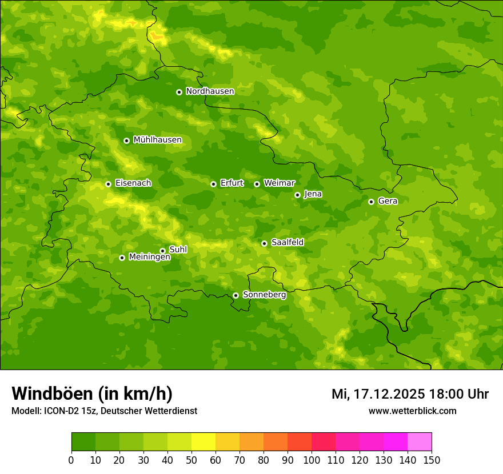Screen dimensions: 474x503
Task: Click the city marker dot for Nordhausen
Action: pyautogui.click(x=179, y=92)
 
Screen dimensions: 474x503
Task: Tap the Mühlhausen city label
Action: pyautogui.click(x=157, y=140)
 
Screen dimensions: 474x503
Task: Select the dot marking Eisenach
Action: pyautogui.click(x=108, y=184)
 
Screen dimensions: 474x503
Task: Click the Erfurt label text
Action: pyautogui.click(x=231, y=183)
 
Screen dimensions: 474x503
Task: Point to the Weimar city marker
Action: pyautogui.click(x=257, y=184)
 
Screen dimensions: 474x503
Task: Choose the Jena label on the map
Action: pyautogui.click(x=313, y=194)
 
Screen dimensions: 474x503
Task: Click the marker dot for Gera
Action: pyautogui.click(x=371, y=202)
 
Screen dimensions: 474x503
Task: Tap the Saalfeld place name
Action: pyautogui.click(x=287, y=243)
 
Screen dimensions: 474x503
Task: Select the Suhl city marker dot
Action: pyautogui.click(x=162, y=251)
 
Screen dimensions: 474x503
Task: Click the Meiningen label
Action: pyautogui.click(x=149, y=258)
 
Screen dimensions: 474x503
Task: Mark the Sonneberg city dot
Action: pyautogui.click(x=235, y=295)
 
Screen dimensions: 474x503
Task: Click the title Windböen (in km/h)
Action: pyautogui.click(x=91, y=393)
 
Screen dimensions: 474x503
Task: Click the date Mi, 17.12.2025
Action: pyautogui.click(x=377, y=394)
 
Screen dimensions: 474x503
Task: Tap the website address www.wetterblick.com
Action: pyautogui.click(x=412, y=411)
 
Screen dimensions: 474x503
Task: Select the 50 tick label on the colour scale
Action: pyautogui.click(x=191, y=460)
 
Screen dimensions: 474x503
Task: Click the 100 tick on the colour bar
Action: pyautogui.click(x=312, y=460)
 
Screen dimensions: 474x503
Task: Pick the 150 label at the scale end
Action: pyautogui.click(x=432, y=460)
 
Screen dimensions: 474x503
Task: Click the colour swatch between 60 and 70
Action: pyautogui.click(x=227, y=442)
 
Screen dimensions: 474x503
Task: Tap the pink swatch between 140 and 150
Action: pyautogui.click(x=420, y=442)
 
